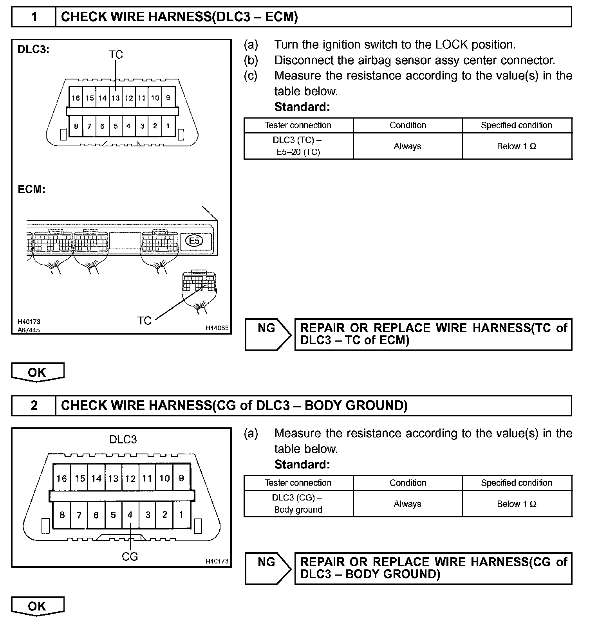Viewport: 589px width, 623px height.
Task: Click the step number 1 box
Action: [x=34, y=17]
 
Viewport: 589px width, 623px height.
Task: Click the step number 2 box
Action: [x=34, y=405]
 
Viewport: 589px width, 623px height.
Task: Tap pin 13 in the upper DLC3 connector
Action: [x=115, y=98]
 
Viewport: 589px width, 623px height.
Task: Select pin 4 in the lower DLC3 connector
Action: [x=130, y=515]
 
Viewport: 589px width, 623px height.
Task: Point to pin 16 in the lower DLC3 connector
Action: [x=61, y=478]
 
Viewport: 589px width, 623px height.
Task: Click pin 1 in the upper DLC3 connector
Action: [x=168, y=126]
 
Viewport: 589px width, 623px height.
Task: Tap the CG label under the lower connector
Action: [x=130, y=556]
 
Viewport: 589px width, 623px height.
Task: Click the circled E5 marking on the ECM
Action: [x=194, y=241]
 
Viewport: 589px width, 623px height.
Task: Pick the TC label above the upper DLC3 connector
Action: [x=116, y=55]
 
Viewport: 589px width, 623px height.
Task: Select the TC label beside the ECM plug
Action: [x=144, y=321]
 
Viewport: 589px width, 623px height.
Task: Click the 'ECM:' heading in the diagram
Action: [x=32, y=189]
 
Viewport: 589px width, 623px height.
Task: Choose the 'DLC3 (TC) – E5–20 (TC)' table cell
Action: [x=298, y=146]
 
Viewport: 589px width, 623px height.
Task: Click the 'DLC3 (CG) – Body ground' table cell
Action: [x=298, y=504]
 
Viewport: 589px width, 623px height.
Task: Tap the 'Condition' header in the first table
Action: [x=408, y=125]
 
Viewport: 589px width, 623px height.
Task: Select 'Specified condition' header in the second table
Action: [x=517, y=483]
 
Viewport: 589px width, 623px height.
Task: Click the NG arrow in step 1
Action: [x=267, y=334]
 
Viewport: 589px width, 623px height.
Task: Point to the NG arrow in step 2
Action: [x=267, y=568]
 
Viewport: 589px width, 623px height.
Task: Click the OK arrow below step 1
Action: [x=37, y=372]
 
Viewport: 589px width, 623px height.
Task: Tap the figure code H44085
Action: [x=217, y=328]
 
